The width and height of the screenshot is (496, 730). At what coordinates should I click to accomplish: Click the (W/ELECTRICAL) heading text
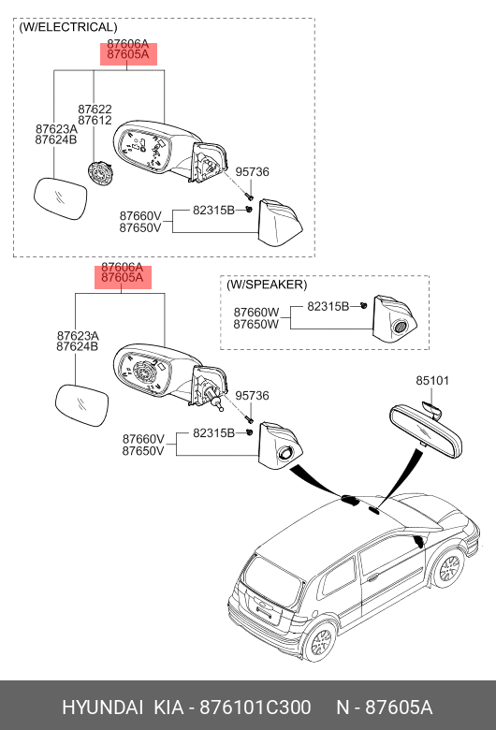(68, 27)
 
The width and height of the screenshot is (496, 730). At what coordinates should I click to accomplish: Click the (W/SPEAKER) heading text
(267, 285)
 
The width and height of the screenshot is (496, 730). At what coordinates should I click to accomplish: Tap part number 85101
(432, 380)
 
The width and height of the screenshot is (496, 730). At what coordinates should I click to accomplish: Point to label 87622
(95, 109)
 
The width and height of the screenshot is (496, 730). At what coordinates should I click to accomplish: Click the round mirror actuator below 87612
(100, 173)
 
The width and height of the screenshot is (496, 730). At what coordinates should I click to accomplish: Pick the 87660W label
(256, 313)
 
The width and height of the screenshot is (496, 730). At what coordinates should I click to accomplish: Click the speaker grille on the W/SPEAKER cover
(400, 327)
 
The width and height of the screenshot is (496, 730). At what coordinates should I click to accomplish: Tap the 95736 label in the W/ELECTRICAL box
(252, 172)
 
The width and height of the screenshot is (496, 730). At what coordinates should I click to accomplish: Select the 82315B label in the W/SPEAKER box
(328, 306)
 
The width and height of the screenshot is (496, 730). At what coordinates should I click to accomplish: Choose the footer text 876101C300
(255, 708)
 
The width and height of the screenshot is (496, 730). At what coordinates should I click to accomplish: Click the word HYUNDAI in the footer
(102, 708)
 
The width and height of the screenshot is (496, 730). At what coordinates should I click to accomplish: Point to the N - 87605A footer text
(385, 708)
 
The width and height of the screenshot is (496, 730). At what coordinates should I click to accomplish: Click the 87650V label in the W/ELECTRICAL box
(140, 227)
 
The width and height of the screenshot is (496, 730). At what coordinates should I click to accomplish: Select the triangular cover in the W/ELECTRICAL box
(281, 223)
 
